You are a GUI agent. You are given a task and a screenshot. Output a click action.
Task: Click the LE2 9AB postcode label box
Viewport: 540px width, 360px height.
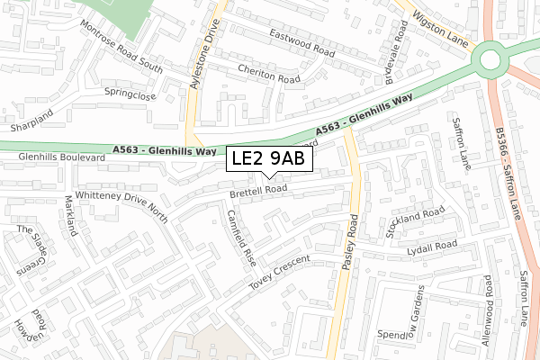(269, 158)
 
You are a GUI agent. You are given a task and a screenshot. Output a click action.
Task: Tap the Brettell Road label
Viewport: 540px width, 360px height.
(258, 190)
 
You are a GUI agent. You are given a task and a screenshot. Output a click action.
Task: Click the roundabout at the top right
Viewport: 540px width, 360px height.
(490, 60)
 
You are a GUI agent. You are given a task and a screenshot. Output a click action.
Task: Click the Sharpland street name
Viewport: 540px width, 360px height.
(27, 113)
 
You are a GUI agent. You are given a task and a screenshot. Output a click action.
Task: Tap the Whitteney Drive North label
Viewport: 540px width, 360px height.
(121, 207)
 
